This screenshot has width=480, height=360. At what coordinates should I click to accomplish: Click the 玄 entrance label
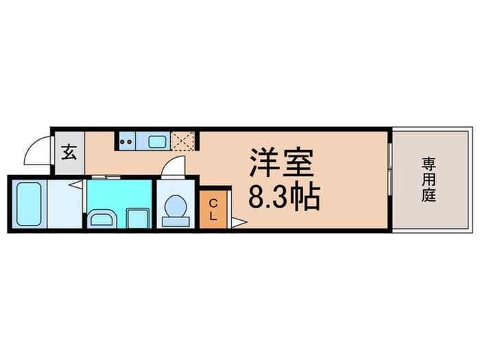[x=70, y=152]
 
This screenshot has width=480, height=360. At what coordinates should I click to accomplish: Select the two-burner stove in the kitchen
[x=128, y=142]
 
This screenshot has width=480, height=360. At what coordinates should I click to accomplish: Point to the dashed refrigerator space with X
[x=183, y=142]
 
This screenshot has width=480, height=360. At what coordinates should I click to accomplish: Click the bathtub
[x=30, y=203]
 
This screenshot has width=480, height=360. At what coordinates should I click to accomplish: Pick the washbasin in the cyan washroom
[x=103, y=219]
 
